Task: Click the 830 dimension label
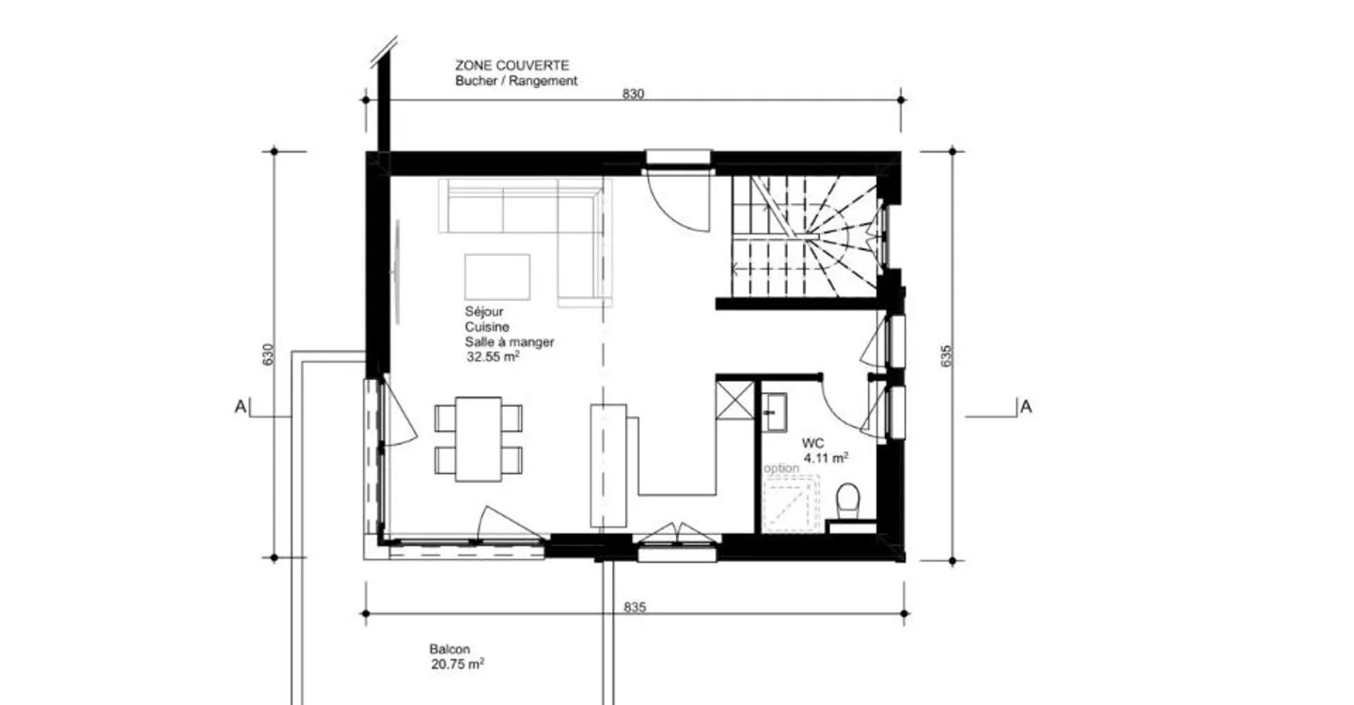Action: pyautogui.click(x=633, y=94)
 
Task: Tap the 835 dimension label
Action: pyautogui.click(x=635, y=607)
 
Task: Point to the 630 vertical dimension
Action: pyautogui.click(x=268, y=354)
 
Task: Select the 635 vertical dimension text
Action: pyautogui.click(x=947, y=356)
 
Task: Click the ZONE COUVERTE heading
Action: pyautogui.click(x=512, y=65)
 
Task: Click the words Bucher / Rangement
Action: pyautogui.click(x=516, y=81)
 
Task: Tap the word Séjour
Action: pyautogui.click(x=483, y=312)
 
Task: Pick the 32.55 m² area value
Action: pyautogui.click(x=493, y=356)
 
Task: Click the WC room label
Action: pyautogui.click(x=812, y=443)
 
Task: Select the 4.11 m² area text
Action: pyautogui.click(x=826, y=458)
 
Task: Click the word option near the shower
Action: pyautogui.click(x=781, y=468)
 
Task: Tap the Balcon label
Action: pyautogui.click(x=449, y=650)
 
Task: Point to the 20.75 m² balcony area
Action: pyautogui.click(x=457, y=665)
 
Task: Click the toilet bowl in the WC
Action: pyautogui.click(x=848, y=501)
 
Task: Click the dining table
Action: pyautogui.click(x=478, y=439)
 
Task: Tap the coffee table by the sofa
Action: pyautogui.click(x=496, y=276)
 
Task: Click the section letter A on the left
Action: pyautogui.click(x=241, y=407)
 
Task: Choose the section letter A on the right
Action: pyautogui.click(x=1026, y=407)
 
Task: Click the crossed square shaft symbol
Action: pyautogui.click(x=734, y=399)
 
